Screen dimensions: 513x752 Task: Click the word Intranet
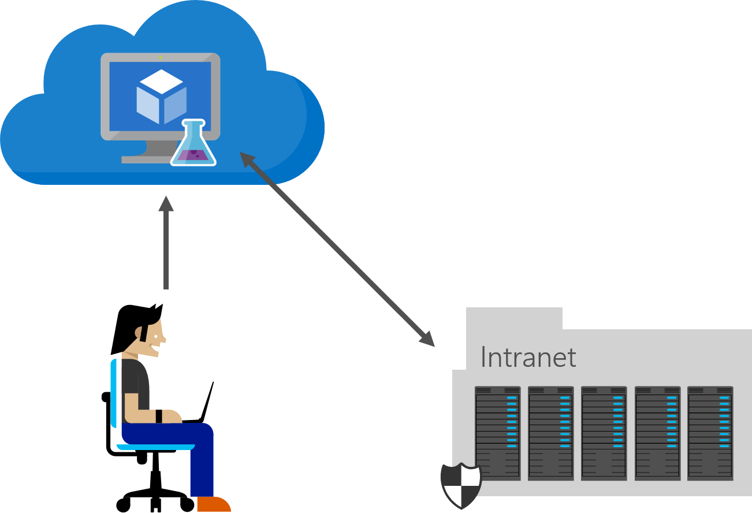[528, 358]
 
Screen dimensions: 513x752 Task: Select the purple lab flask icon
[193, 145]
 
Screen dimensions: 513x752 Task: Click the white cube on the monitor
[162, 97]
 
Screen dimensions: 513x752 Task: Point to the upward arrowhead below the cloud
[166, 204]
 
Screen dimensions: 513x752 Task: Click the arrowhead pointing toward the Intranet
[427, 340]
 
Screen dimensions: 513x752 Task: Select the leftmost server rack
[497, 433]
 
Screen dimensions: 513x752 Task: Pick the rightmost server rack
[710, 433]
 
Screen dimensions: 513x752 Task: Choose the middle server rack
[604, 433]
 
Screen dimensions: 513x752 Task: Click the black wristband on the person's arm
[159, 416]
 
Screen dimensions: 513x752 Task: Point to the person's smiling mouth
[154, 348]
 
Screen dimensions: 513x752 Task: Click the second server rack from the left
[550, 433]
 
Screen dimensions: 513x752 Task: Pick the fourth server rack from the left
[657, 433]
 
